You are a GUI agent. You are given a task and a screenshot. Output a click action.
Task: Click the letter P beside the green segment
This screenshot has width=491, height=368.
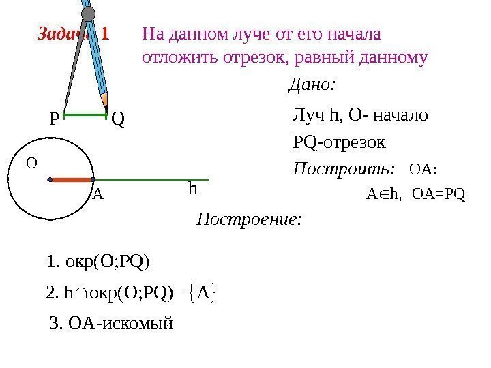pos(54,121)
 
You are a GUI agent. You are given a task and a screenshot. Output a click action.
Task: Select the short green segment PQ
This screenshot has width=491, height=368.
pos(86,114)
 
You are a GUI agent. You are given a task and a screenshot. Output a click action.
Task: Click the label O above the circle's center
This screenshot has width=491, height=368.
pos(31,163)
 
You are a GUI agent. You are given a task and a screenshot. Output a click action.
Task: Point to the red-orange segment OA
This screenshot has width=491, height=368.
pos(71,180)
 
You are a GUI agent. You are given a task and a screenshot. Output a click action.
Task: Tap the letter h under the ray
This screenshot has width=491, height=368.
pos(193,189)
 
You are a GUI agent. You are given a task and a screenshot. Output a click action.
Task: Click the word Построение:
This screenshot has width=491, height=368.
pos(248,219)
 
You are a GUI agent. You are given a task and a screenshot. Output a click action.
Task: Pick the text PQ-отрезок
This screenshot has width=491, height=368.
pos(339,142)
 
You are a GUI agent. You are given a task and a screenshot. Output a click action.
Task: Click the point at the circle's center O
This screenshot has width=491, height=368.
pos(50,180)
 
